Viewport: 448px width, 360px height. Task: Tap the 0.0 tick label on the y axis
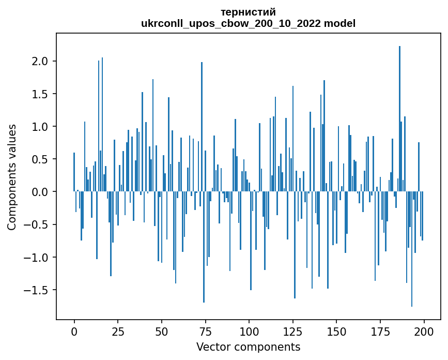(41, 192)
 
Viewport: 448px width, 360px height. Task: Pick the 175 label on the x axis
(380, 331)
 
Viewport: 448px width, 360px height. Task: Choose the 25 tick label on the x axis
(118, 331)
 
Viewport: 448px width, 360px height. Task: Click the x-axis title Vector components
(248, 347)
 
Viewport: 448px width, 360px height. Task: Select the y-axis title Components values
(12, 177)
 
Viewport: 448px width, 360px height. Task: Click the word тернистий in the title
(248, 12)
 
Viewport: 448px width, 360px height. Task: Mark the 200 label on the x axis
(424, 331)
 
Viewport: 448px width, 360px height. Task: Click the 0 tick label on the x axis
(74, 331)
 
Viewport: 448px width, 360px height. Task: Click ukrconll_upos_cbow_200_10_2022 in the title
(230, 23)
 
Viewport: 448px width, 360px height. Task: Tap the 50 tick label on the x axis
(162, 331)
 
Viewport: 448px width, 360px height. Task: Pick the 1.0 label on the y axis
(41, 127)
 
